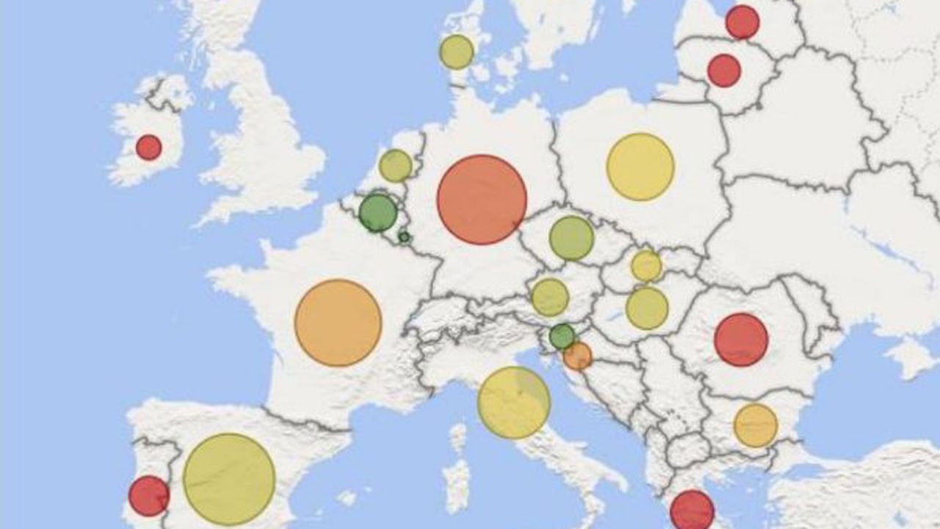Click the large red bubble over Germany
[482, 199]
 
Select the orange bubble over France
[338, 323]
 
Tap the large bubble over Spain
[229, 479]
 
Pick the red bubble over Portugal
[149, 495]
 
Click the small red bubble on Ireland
[148, 147]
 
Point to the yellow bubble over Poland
[640, 167]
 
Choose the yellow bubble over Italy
[514, 402]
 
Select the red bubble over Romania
[741, 339]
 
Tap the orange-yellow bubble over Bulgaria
[756, 425]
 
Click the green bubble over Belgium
[378, 212]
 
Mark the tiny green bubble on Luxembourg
[403, 237]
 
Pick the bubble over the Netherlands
[396, 165]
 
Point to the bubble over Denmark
[457, 52]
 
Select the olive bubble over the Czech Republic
[571, 238]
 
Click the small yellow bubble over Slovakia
[646, 266]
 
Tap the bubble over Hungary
[647, 308]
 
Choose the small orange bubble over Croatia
[577, 356]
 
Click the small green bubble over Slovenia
[563, 337]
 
